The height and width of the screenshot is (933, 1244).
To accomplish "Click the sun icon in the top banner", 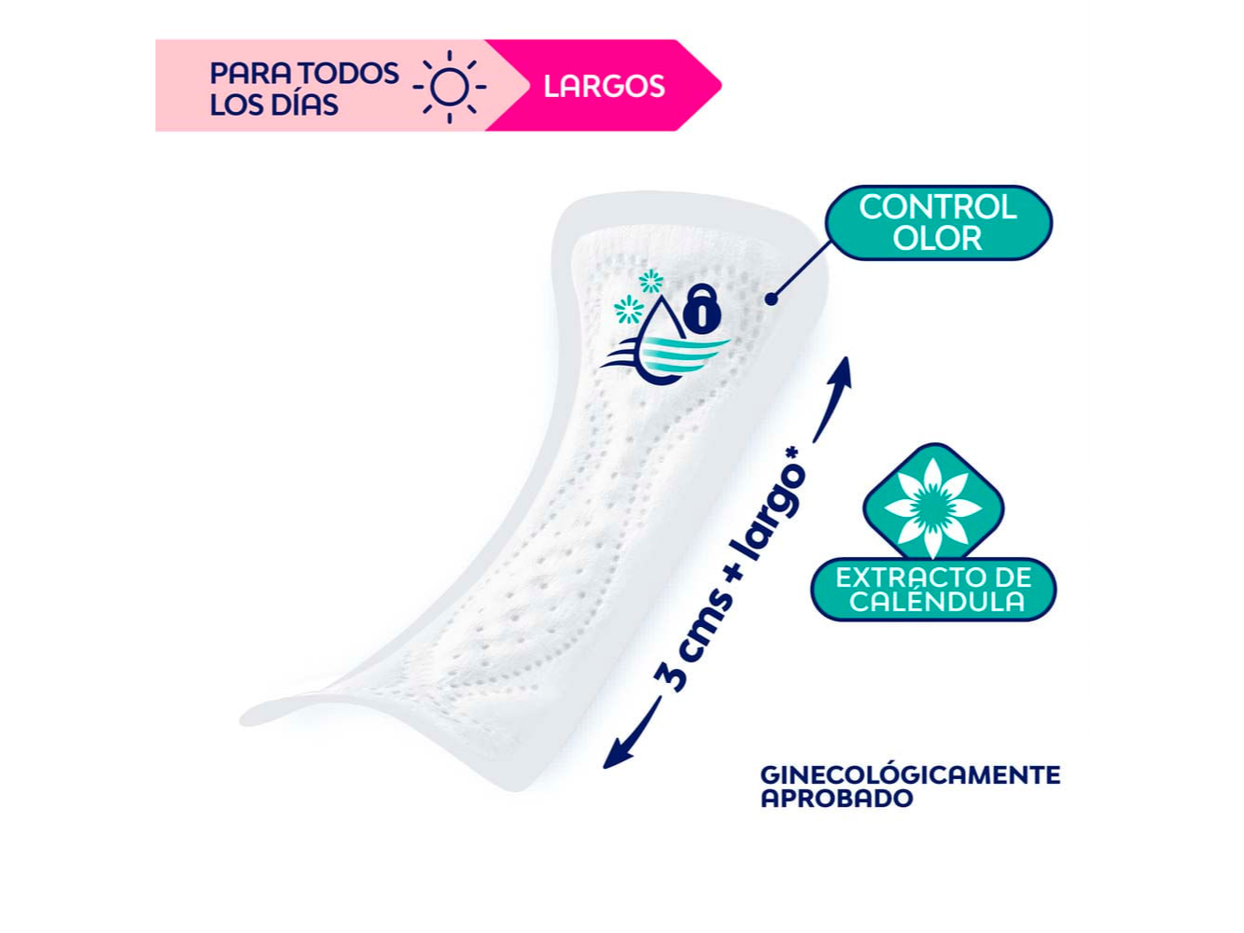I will (x=450, y=87).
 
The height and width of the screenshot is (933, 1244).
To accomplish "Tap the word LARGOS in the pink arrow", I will (x=604, y=87).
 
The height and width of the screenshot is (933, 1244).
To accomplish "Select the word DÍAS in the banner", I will (x=305, y=104).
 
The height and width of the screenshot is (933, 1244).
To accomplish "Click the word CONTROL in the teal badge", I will (x=938, y=207).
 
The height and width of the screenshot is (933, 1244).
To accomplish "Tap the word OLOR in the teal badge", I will (x=938, y=239).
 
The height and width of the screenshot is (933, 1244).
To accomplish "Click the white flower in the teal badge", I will (x=932, y=508).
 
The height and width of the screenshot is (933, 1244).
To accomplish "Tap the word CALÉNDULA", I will (x=937, y=602).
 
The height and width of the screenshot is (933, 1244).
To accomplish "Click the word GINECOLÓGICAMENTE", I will (x=910, y=775).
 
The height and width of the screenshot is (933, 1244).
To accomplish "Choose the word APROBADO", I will (x=836, y=799).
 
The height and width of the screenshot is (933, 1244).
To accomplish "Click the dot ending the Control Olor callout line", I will (x=771, y=299).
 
